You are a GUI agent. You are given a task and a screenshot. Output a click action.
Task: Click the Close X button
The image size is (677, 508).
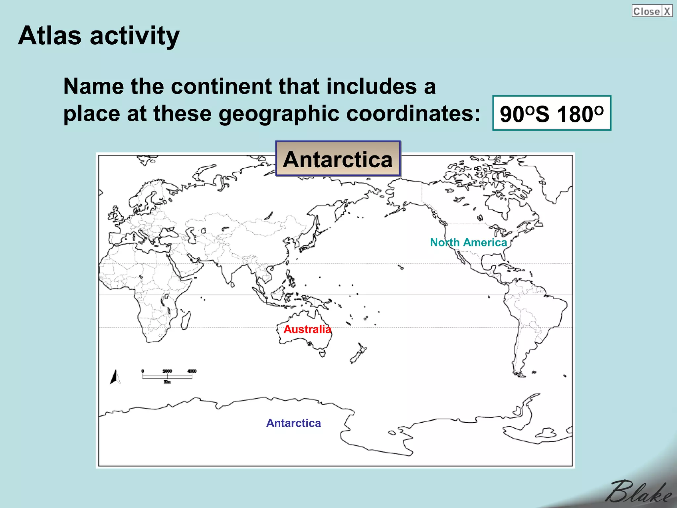click(652, 11)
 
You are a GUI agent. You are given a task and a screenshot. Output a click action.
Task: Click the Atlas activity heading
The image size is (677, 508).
click(99, 36)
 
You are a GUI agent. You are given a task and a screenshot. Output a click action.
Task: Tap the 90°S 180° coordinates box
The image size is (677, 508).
click(551, 113)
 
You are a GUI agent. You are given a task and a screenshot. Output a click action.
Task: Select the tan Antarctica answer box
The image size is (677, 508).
click(338, 159)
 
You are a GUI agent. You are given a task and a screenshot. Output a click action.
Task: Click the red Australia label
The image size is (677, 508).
click(307, 329)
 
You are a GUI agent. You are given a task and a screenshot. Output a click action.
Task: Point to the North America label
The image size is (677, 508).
click(468, 242)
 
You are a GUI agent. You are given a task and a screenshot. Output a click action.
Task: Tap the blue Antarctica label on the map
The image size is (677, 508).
click(294, 423)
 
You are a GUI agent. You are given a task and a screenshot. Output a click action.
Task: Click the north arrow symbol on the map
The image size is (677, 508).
click(115, 377)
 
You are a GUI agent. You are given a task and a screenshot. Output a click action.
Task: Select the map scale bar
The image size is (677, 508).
click(167, 376)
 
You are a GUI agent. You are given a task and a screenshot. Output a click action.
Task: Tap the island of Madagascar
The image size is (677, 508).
click(185, 320)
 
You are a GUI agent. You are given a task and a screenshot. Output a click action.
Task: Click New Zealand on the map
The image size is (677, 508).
click(358, 353)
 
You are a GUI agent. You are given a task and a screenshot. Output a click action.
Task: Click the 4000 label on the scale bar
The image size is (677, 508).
click(192, 371)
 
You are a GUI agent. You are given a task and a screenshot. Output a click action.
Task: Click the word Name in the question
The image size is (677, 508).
click(93, 86)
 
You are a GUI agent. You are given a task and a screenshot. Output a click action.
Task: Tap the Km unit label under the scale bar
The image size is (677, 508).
click(167, 382)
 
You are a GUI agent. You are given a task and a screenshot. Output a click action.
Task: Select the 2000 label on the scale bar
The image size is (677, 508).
click(167, 371)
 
